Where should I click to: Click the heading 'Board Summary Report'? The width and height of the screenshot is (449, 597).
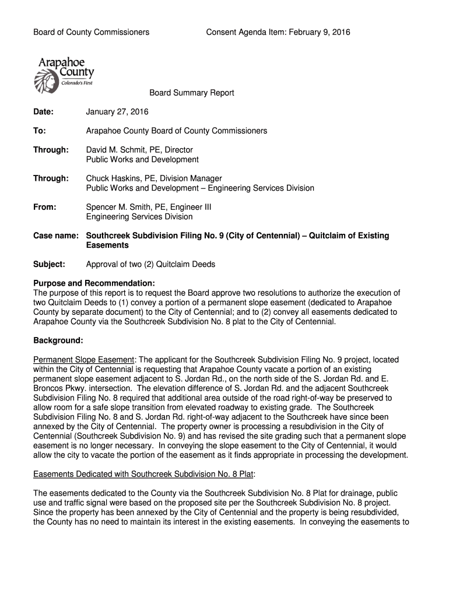point(191,93)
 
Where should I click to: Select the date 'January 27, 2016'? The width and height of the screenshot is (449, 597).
point(117,111)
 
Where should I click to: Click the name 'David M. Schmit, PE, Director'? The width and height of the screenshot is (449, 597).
point(139,150)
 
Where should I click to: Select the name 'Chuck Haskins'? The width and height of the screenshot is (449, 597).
point(111,178)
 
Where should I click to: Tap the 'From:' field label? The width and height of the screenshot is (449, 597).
point(45,207)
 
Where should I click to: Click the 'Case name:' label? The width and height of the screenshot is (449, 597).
point(56,236)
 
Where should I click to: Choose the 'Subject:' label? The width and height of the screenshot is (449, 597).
point(49,264)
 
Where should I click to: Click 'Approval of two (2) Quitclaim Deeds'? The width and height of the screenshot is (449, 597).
point(150,264)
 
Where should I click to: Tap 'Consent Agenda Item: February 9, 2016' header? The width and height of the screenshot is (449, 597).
point(278,32)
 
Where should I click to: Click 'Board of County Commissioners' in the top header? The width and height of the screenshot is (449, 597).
point(91,32)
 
